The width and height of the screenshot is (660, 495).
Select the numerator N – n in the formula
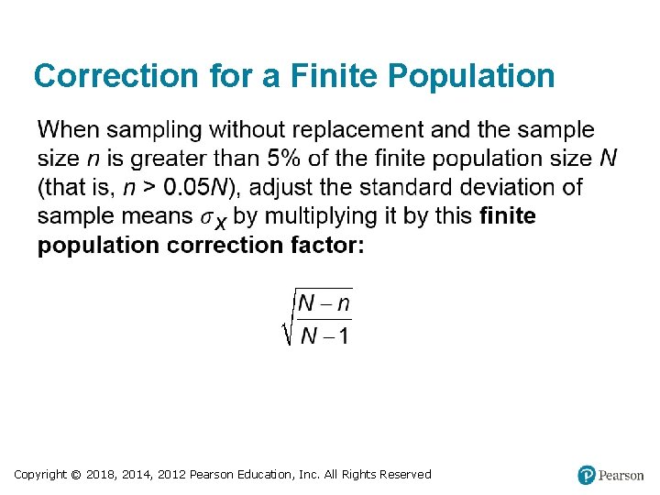[325, 302]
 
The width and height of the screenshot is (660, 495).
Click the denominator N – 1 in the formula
[325, 335]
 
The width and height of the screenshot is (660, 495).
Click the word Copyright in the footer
[40, 474]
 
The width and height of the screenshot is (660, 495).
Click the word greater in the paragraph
[166, 159]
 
